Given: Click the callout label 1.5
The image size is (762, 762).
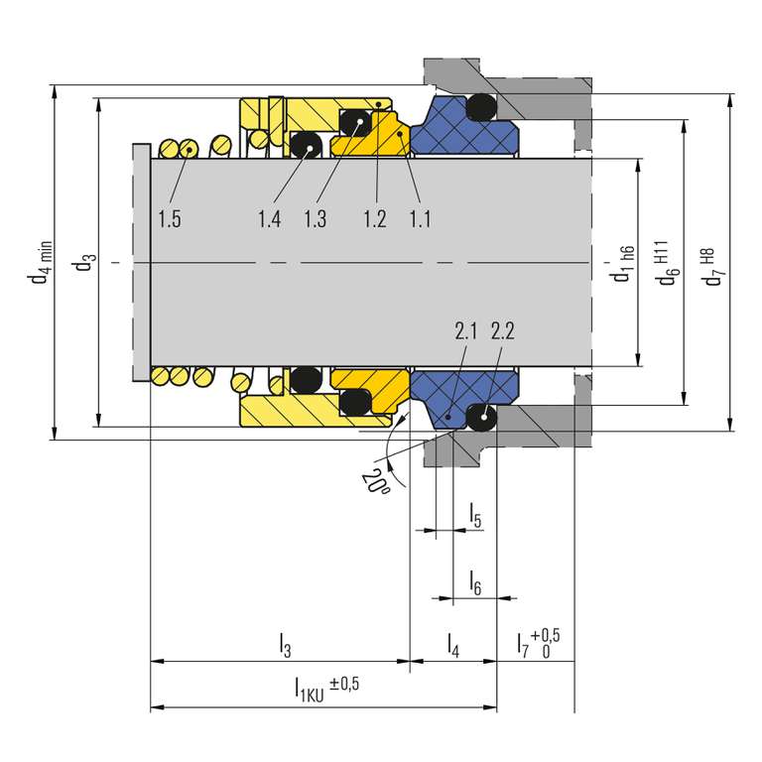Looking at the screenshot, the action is [170, 218].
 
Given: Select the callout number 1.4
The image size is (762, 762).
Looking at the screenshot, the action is [269, 218].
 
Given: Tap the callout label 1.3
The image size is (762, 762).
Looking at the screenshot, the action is [315, 218].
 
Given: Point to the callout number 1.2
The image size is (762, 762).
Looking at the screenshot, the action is [375, 218].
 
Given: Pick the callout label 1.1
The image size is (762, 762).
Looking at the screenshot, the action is [420, 218].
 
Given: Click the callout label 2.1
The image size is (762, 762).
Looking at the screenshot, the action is [465, 331].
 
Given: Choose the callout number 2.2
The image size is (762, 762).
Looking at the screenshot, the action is [502, 331].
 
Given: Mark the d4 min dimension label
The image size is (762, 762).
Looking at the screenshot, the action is [40, 262].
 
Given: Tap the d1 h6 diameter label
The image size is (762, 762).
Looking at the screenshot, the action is [622, 264].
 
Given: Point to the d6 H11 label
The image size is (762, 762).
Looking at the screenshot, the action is [666, 262].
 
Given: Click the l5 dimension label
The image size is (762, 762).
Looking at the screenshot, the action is [475, 516].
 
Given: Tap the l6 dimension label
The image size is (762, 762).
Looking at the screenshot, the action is [475, 582].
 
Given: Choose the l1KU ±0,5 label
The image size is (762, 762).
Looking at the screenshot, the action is [326, 690].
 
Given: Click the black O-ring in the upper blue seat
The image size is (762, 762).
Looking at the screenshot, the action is [481, 107].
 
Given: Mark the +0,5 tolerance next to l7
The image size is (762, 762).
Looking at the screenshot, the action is [546, 635].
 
